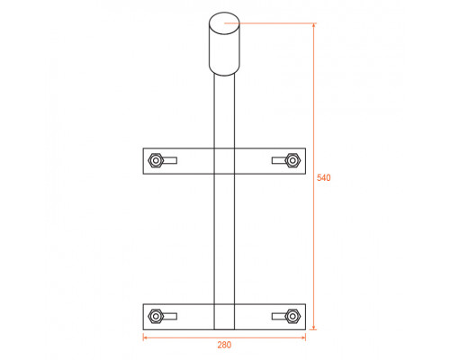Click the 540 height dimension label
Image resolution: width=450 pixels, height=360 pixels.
pos(324,177)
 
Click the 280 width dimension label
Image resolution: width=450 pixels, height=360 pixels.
pos(224,345)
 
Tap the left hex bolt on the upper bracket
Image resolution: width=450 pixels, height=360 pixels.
pos(156,160)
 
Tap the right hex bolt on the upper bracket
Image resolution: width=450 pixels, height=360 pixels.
pos(292,160)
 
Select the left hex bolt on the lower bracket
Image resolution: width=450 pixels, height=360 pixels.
pos(156,316)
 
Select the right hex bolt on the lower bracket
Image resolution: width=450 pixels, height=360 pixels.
pos(292,316)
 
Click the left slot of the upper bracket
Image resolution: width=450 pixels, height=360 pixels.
pos(169,160)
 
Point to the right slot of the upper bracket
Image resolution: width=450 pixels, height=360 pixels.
pos(279,160)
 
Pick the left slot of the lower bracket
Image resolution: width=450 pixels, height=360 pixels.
pos(169,316)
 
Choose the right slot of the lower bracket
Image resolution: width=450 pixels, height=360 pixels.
pos(279,316)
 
